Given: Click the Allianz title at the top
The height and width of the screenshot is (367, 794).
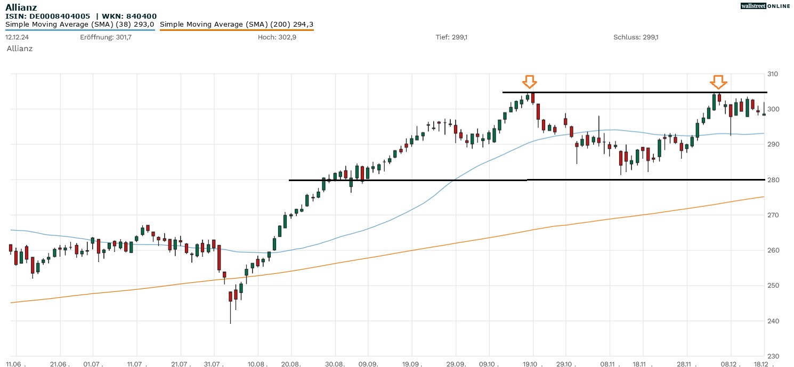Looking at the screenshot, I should [x=21, y=7].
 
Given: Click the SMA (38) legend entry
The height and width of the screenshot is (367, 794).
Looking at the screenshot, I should [x=80, y=24].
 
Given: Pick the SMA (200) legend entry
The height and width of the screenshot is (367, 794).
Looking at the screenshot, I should [x=237, y=24].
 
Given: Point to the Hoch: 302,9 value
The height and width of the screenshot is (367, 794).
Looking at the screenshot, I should [x=275, y=37].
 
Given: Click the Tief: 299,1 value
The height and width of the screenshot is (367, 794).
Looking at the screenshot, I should [x=451, y=37].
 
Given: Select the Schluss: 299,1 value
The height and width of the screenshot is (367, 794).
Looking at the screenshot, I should [x=636, y=37].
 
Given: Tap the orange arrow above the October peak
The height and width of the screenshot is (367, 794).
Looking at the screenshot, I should [x=529, y=81].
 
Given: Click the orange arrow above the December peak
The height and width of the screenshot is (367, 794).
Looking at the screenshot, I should [x=718, y=81].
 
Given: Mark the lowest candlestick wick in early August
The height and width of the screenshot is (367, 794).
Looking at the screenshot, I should [x=231, y=321].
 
